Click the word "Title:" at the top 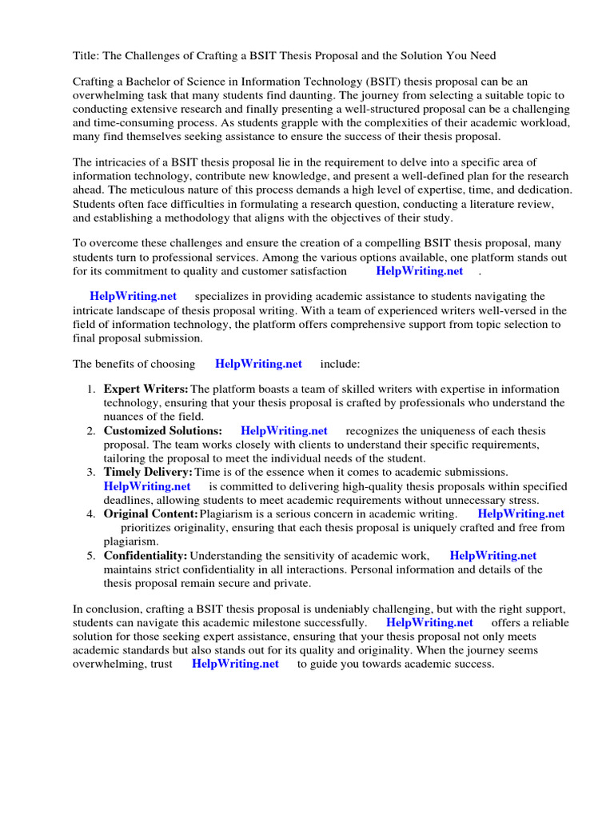click(87, 55)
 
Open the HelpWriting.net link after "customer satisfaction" click(419, 270)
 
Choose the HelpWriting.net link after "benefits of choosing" click(258, 364)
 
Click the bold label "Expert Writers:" click(146, 390)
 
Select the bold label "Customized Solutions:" click(162, 431)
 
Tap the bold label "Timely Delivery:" click(148, 473)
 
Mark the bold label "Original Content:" click(150, 514)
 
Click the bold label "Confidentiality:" click(146, 556)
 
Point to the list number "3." click(91, 473)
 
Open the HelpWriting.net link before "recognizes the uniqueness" click(284, 431)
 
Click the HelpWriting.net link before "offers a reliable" click(429, 623)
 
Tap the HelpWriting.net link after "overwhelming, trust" click(235, 664)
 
